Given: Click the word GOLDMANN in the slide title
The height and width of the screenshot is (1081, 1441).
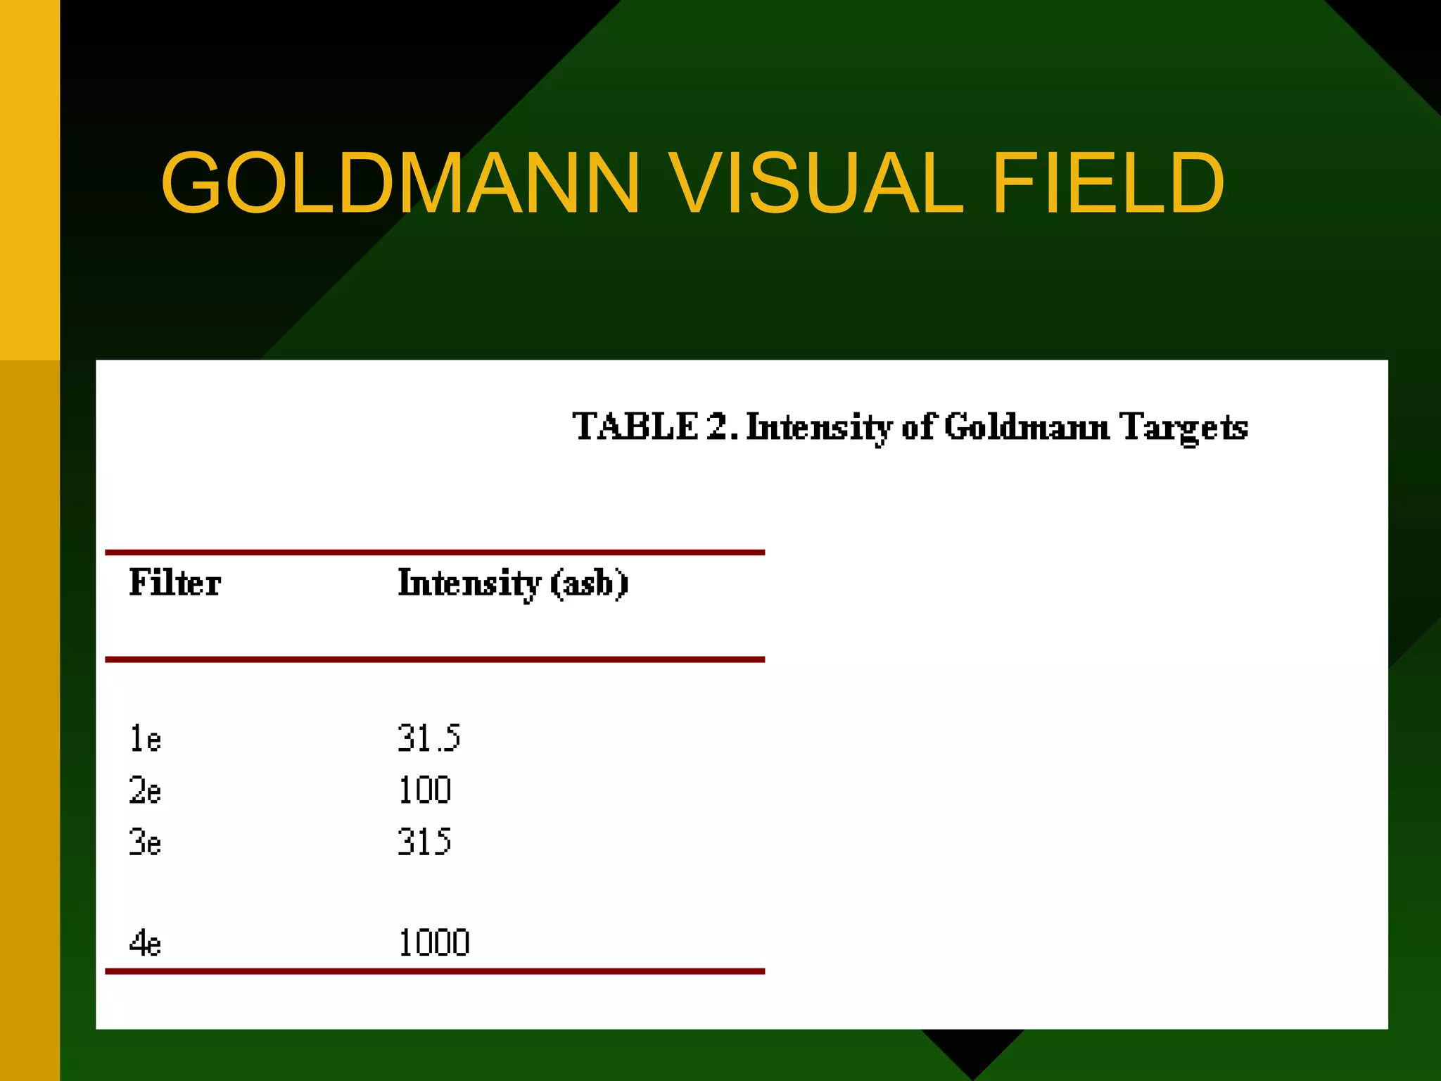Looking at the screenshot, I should pyautogui.click(x=400, y=183).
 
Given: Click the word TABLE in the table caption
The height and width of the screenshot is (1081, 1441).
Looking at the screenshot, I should pyautogui.click(x=635, y=426).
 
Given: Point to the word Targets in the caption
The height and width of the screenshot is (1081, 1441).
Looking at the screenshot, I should pyautogui.click(x=1183, y=428).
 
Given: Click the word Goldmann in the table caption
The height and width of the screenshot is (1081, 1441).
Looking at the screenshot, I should pyautogui.click(x=1027, y=426).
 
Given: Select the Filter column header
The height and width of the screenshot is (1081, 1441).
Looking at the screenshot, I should pyautogui.click(x=174, y=583).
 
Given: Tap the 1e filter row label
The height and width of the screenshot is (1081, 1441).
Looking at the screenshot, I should pyautogui.click(x=146, y=739).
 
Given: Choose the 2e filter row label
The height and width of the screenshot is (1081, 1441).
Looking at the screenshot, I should pyautogui.click(x=146, y=790).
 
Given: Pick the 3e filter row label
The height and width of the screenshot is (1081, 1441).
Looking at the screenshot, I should pyautogui.click(x=146, y=842).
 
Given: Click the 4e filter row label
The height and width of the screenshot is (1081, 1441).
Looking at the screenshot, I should pyautogui.click(x=146, y=943).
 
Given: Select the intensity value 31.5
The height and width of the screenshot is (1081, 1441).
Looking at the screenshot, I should pyautogui.click(x=429, y=738).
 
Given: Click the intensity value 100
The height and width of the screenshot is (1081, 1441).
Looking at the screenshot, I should pyautogui.click(x=424, y=790).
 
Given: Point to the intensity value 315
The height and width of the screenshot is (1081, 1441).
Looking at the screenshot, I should pyautogui.click(x=424, y=842).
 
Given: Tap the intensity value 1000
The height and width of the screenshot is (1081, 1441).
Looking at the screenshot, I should pyautogui.click(x=434, y=943).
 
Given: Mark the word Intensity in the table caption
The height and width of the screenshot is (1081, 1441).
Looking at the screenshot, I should pyautogui.click(x=819, y=428).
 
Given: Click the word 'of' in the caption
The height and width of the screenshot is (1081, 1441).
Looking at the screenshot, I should pyautogui.click(x=918, y=426).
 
